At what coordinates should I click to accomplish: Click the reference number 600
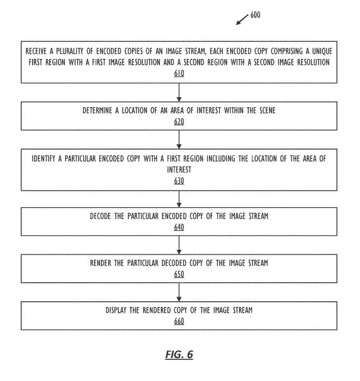click(x=256, y=15)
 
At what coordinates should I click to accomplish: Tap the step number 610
click(x=179, y=74)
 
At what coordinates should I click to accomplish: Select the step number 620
click(x=179, y=122)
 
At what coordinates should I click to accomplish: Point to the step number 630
click(x=179, y=181)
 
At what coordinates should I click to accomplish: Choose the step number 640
click(x=179, y=227)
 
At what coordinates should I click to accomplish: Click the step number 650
click(x=179, y=274)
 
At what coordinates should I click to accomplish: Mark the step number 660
click(x=179, y=321)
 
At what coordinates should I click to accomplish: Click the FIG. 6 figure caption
click(x=179, y=355)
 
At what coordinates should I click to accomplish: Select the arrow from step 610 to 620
click(x=179, y=92)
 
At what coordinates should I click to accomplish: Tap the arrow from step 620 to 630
click(x=179, y=139)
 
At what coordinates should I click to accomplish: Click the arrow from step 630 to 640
click(x=179, y=199)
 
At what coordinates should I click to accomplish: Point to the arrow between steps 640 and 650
click(x=179, y=245)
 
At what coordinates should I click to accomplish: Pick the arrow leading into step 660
click(x=179, y=292)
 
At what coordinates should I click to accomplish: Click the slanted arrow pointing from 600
click(x=242, y=20)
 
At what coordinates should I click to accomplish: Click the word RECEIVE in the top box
click(x=38, y=52)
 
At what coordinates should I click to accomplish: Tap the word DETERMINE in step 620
click(x=100, y=111)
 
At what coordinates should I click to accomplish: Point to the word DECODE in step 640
click(x=101, y=216)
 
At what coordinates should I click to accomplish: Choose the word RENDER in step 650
click(x=100, y=263)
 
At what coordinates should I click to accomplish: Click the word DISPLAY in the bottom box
click(x=117, y=310)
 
